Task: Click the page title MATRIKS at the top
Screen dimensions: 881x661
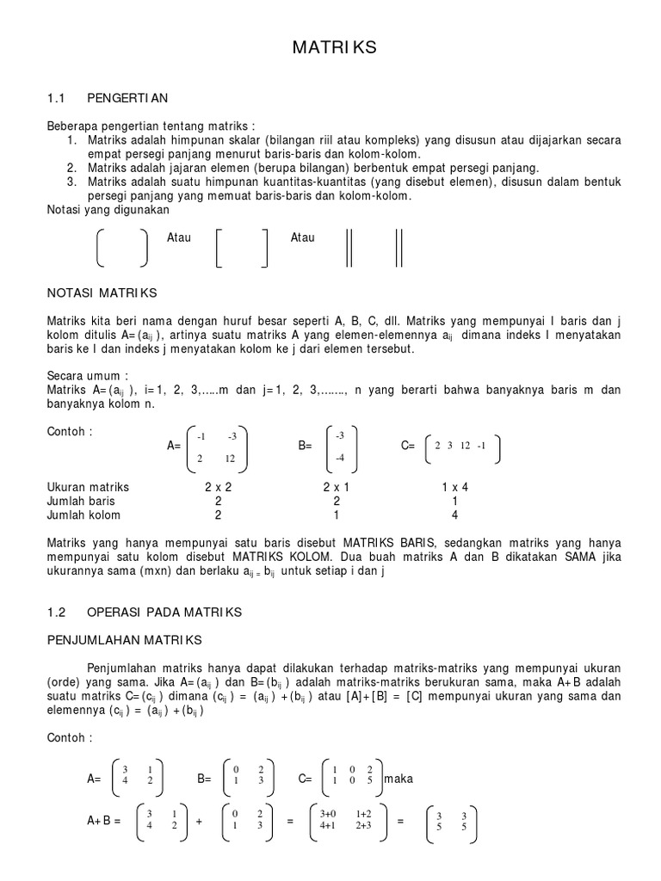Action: tap(335, 49)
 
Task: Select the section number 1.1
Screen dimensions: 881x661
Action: tap(57, 100)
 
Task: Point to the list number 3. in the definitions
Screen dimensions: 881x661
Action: tap(71, 182)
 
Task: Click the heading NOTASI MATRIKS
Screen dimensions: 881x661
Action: tap(102, 293)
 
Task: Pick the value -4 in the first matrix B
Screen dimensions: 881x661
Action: tap(339, 458)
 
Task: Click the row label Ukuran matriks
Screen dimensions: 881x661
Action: tap(88, 487)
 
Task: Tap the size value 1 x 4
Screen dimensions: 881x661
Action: tap(454, 487)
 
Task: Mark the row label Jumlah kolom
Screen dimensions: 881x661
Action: tap(83, 515)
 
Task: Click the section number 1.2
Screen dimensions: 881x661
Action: tap(57, 613)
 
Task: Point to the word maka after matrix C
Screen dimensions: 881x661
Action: tap(398, 779)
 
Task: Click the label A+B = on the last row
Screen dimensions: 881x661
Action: tap(103, 821)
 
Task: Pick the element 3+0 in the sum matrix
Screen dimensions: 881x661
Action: tap(329, 814)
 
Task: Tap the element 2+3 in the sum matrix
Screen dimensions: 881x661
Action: tap(363, 827)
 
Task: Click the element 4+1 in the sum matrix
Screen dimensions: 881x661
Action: tap(329, 827)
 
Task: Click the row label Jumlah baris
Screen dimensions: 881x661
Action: tap(81, 501)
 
